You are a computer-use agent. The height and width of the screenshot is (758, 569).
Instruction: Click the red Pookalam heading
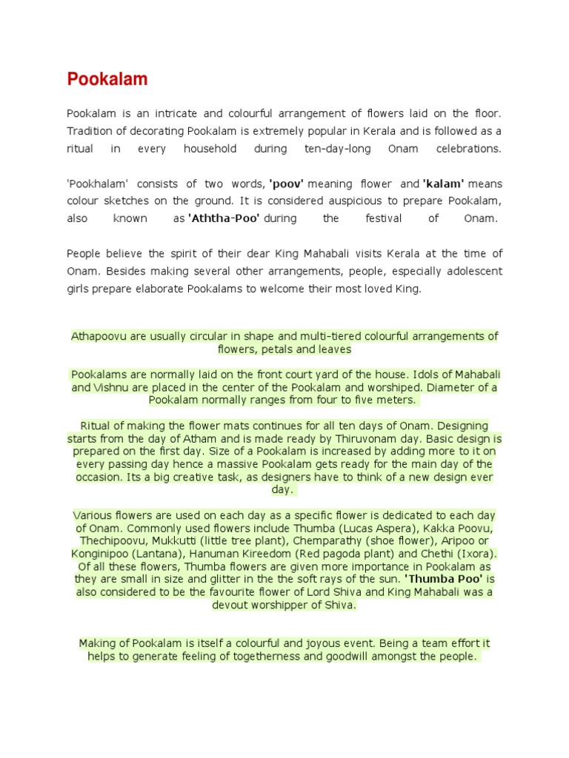107,79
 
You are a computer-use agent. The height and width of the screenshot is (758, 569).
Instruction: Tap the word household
210,148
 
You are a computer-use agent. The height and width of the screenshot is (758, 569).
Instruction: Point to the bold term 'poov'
287,184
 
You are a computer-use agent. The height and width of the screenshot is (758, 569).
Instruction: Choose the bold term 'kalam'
443,184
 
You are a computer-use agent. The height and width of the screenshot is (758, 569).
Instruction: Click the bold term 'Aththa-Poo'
224,218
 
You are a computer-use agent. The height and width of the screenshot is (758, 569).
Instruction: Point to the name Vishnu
112,387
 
